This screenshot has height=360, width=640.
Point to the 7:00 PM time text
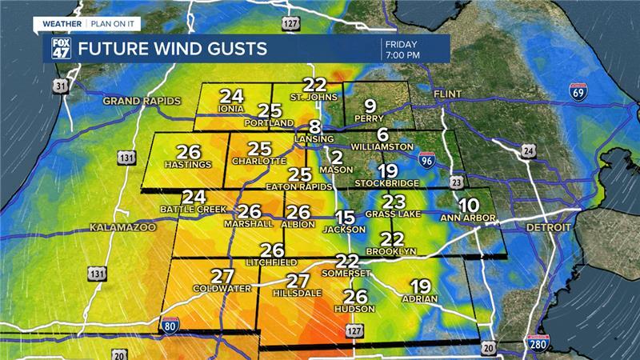pos(402,55)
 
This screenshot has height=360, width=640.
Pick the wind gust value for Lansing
pos(315,127)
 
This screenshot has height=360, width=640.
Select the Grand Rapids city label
pos(142,101)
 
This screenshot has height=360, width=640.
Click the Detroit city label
pos(548,228)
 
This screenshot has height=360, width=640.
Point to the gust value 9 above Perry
pos(370,106)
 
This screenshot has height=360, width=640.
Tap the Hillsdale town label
pos(298,293)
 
